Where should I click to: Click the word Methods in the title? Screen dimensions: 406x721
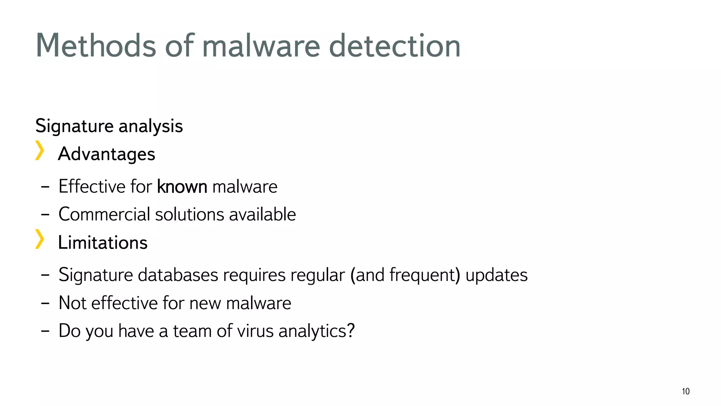tap(96, 46)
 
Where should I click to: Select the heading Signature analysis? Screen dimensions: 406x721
tap(109, 126)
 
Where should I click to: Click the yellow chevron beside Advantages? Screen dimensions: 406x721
tap(40, 150)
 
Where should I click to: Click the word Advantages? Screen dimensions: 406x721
tap(107, 154)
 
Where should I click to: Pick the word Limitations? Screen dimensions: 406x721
tap(103, 242)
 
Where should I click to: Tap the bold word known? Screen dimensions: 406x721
tap(182, 186)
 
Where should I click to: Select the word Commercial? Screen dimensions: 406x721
tap(104, 214)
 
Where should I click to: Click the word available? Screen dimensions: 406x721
tap(262, 214)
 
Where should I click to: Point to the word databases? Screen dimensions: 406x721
tap(178, 275)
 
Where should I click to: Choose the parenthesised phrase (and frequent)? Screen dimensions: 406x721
tap(405, 275)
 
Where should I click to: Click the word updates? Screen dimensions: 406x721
tap(496, 275)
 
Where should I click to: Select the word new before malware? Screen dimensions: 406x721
tap(206, 303)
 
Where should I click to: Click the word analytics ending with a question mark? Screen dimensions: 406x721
tap(316, 331)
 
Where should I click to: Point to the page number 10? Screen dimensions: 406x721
tap(685, 391)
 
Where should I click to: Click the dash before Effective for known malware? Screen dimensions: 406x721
tap(45, 187)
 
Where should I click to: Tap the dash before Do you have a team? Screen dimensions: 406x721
tap(45, 331)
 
